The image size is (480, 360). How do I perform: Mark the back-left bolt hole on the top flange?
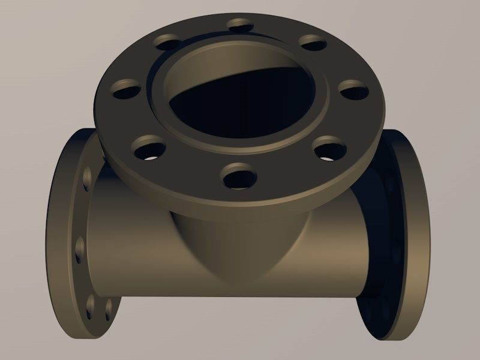[x=167, y=41]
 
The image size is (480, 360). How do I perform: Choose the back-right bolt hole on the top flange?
[x=311, y=42]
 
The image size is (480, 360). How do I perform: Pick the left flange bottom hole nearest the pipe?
[x=109, y=307]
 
